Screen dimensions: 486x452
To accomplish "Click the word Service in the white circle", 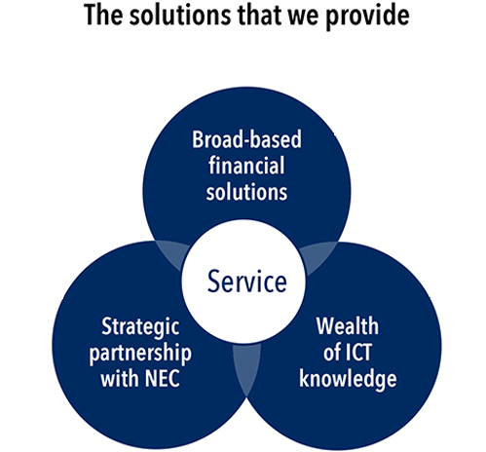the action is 246,282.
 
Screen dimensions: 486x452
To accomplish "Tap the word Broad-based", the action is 246,139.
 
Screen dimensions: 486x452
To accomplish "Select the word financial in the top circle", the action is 246,165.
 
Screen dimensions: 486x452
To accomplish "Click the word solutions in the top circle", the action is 246,192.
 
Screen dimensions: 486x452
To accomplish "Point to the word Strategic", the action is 140,327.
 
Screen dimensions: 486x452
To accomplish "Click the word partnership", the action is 140,354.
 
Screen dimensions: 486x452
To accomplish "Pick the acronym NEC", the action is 162,378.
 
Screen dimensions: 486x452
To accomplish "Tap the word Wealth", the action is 348,326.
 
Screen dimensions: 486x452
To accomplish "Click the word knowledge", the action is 348,379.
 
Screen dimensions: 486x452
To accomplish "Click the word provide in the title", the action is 367,16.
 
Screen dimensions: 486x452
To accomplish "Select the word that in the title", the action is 260,15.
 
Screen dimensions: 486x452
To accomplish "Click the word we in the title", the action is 304,18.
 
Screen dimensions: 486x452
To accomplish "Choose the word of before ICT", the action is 332,353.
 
